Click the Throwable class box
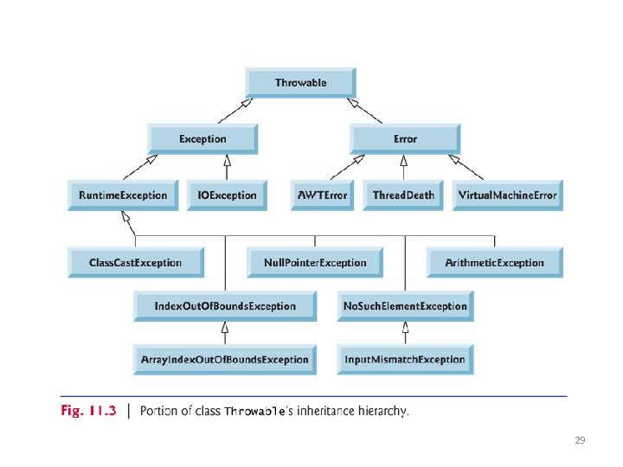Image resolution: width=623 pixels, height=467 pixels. click(x=300, y=83)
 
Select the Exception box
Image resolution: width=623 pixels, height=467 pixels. click(x=202, y=139)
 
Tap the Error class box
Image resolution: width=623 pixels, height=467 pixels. click(x=405, y=139)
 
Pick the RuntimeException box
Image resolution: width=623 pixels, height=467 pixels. click(x=123, y=195)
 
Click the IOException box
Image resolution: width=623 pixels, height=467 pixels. click(x=228, y=195)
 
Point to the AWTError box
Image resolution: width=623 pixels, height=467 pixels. click(x=323, y=195)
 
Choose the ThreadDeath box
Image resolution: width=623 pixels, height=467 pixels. click(x=403, y=195)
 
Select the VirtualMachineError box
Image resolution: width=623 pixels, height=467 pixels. click(x=507, y=195)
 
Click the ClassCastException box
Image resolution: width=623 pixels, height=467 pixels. click(x=136, y=263)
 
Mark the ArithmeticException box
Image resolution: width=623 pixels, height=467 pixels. click(x=494, y=263)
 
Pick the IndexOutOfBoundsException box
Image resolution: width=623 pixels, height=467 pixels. click(x=225, y=306)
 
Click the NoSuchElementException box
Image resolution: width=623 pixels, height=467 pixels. click(x=405, y=306)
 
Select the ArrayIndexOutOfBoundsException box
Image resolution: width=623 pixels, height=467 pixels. click(x=225, y=360)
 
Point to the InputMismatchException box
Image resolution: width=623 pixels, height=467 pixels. click(x=405, y=360)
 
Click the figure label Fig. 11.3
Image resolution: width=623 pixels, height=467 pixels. click(x=87, y=411)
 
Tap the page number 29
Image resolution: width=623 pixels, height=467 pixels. click(x=580, y=441)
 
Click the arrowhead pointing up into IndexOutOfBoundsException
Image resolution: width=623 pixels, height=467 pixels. click(x=225, y=327)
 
